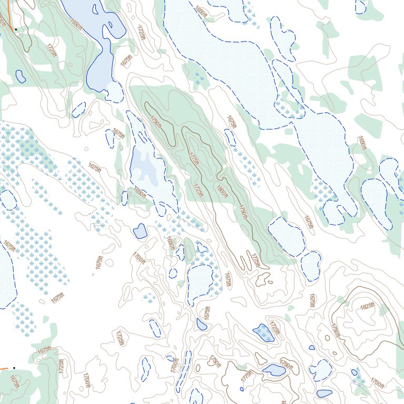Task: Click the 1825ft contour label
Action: point(367,306)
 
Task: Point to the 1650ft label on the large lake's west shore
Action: point(77,21)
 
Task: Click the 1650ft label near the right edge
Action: point(361,143)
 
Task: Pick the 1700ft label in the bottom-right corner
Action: point(377,382)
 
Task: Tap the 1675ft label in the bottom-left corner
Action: point(14,383)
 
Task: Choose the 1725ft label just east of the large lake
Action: point(142,33)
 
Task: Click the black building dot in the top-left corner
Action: point(16,29)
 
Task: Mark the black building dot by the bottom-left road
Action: point(14,368)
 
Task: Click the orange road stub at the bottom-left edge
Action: point(4,368)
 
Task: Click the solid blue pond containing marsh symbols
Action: point(264,332)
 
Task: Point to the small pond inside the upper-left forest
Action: point(21,76)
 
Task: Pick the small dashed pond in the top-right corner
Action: point(360,6)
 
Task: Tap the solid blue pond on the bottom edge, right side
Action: point(325,393)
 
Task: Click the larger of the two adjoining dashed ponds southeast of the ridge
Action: point(286,237)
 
